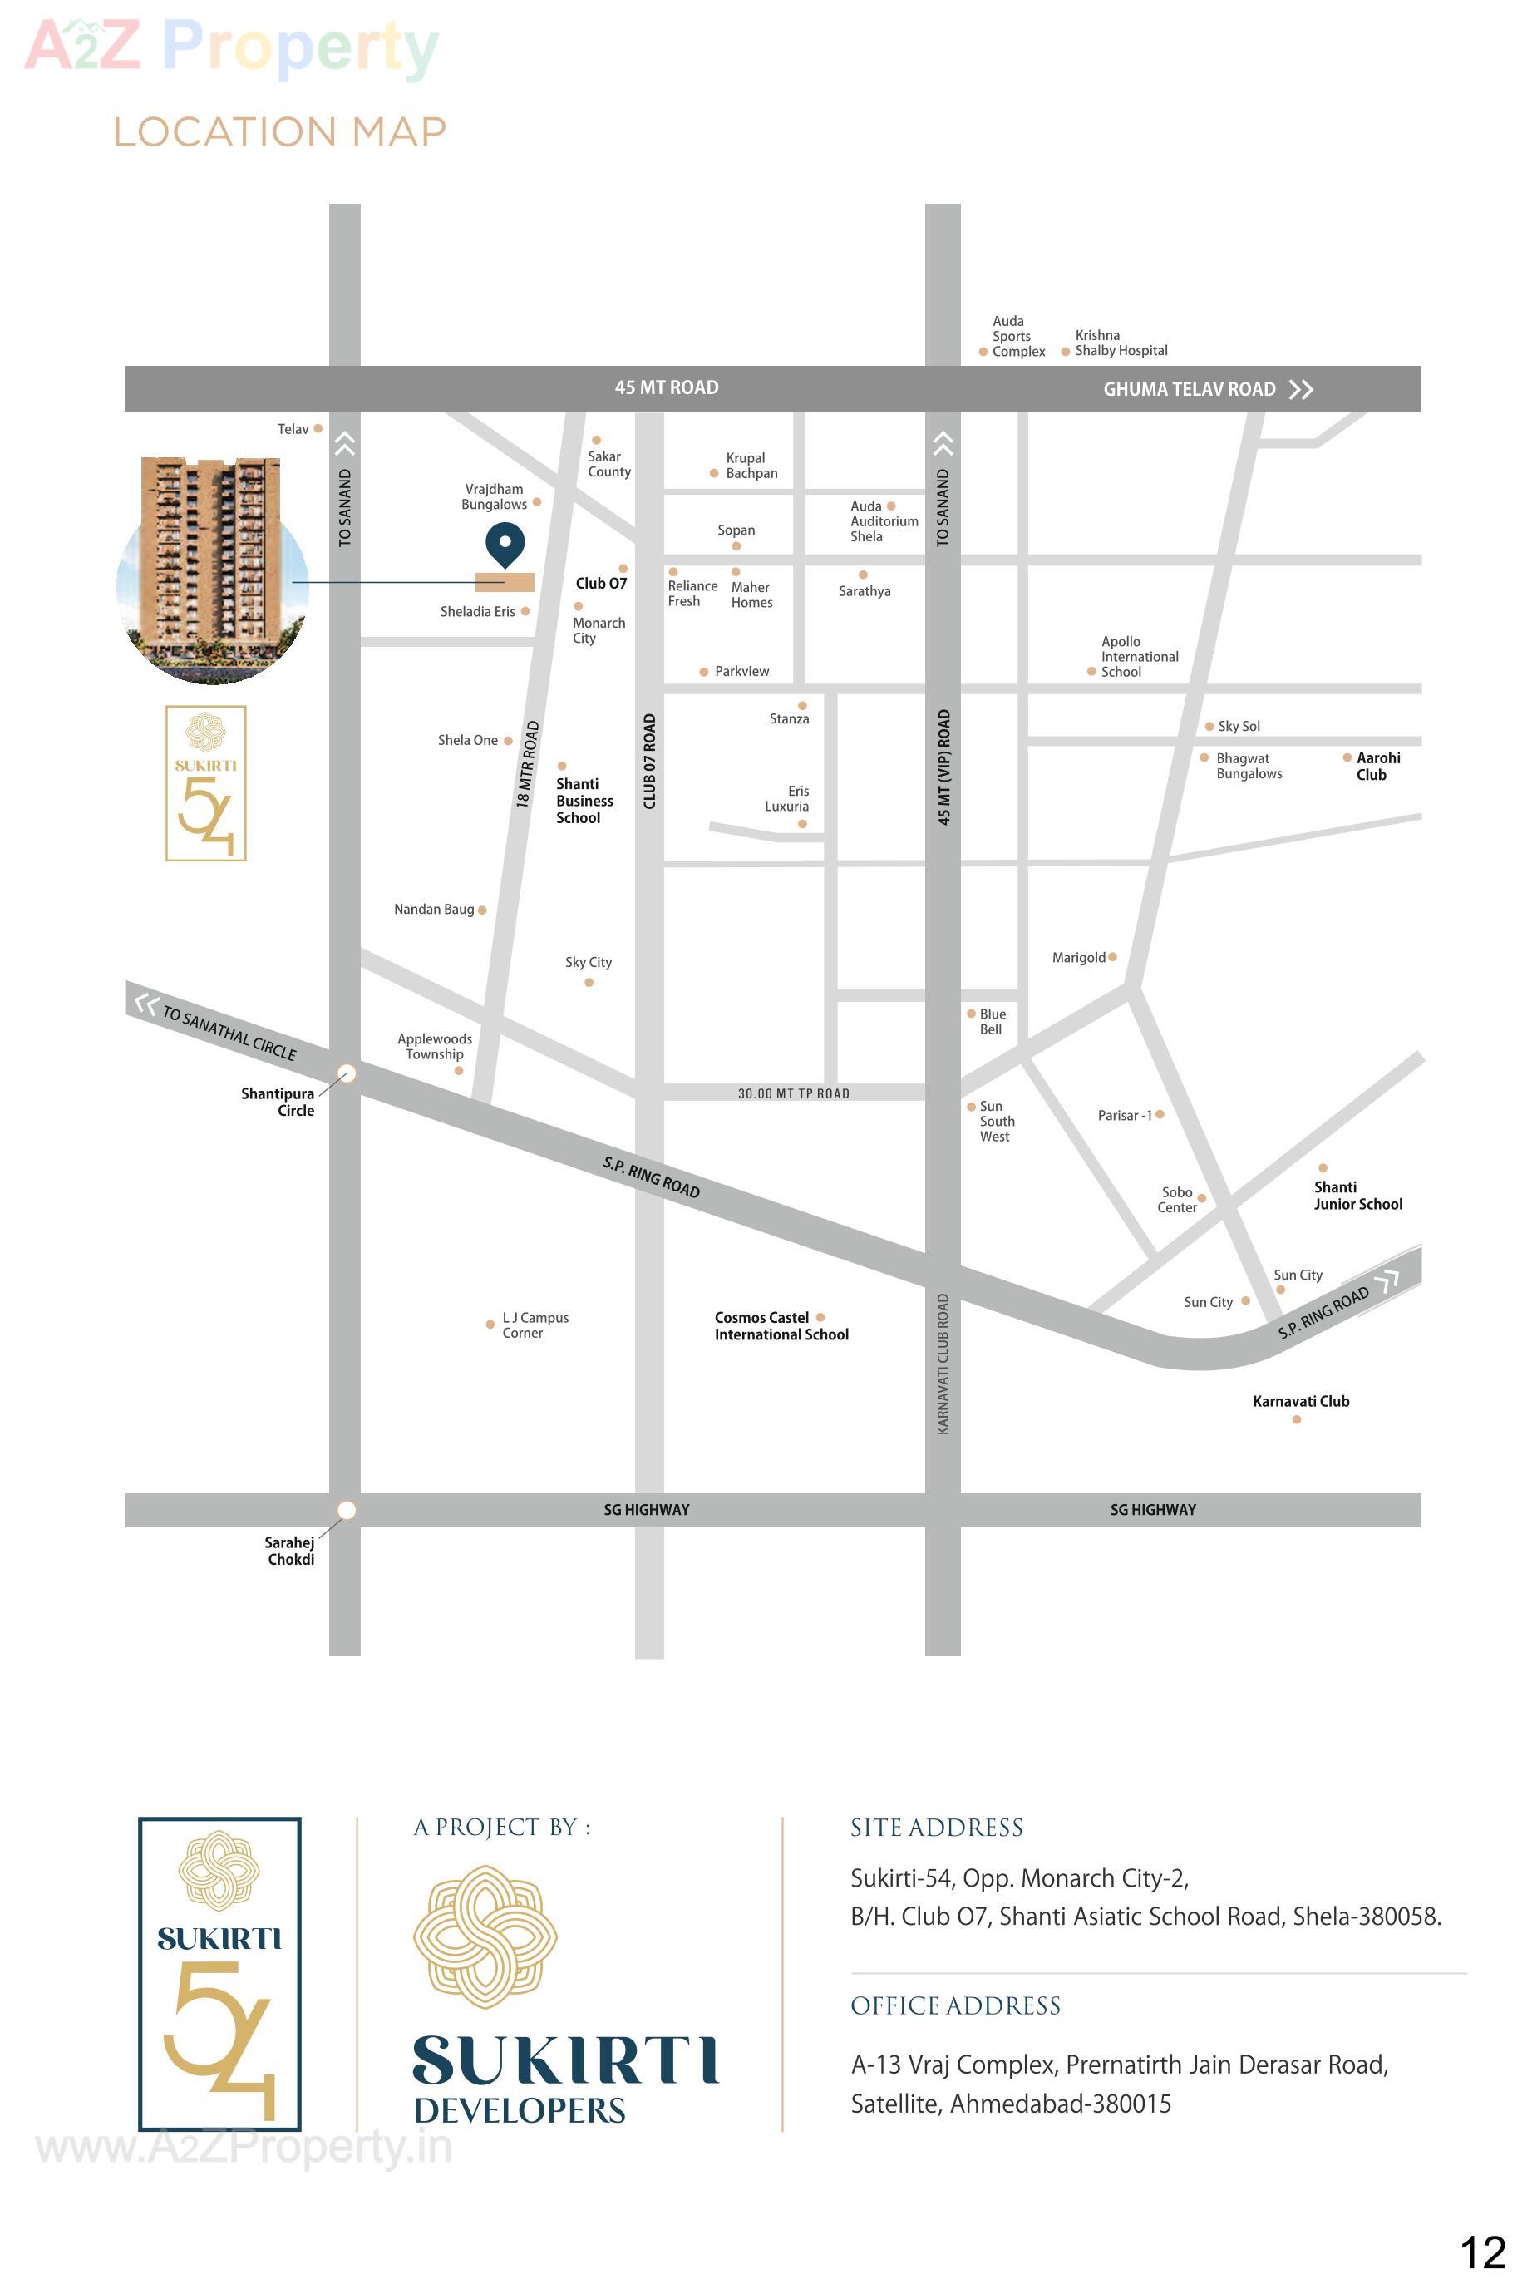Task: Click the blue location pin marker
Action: click(505, 544)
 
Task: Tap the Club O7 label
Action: click(601, 584)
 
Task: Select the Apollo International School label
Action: click(1139, 657)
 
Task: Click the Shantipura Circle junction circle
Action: click(346, 1073)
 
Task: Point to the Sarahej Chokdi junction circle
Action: click(346, 1510)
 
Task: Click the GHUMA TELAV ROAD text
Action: click(1189, 389)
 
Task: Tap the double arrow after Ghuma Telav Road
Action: click(1301, 389)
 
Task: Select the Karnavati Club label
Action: click(1301, 1402)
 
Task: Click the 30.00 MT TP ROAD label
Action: click(793, 1094)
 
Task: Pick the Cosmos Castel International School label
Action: click(781, 1326)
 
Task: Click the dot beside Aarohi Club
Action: click(1347, 757)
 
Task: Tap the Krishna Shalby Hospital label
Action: click(1121, 343)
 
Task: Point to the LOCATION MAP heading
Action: click(279, 132)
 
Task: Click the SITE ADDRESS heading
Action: click(936, 1828)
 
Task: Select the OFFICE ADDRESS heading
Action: click(955, 2005)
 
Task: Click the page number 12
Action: click(1482, 2252)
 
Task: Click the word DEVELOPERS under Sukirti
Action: click(520, 2111)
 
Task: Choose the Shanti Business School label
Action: click(584, 801)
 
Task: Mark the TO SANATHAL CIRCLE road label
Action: click(229, 1033)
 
